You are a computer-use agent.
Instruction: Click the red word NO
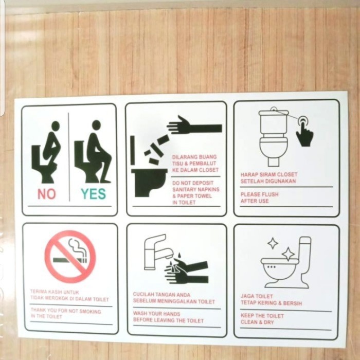[x=46, y=194]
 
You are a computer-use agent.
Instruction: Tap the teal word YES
[x=93, y=194]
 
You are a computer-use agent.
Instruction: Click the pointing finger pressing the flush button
[x=304, y=133]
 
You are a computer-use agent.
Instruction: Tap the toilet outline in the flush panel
[x=273, y=136]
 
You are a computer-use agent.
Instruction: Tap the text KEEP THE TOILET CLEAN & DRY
[x=262, y=319]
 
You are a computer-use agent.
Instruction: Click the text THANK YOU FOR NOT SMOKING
[x=66, y=314]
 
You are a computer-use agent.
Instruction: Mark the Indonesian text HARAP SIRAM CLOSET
[x=269, y=178]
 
